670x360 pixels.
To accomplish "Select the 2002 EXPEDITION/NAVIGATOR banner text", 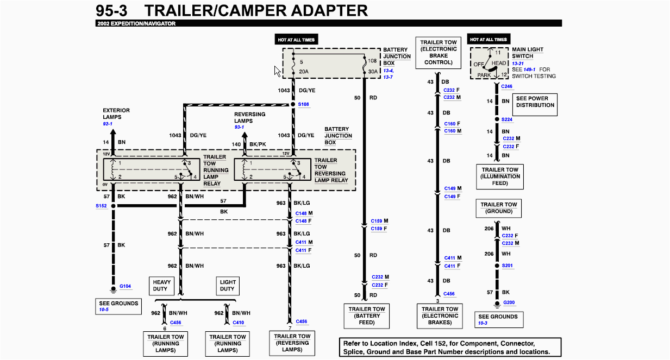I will click(x=136, y=23).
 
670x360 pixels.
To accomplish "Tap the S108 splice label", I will click(x=303, y=104).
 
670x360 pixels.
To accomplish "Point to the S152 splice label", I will click(x=101, y=206).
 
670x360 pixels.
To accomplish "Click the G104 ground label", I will click(x=126, y=286).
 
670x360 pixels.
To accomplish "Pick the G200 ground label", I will click(x=509, y=302).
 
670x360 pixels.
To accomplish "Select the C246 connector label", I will click(x=506, y=86).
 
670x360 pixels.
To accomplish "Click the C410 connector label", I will click(x=238, y=323).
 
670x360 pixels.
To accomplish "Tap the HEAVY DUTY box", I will click(x=161, y=286).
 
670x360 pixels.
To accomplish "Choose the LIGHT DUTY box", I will click(x=228, y=286).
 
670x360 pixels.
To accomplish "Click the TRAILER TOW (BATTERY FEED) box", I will click(x=367, y=316).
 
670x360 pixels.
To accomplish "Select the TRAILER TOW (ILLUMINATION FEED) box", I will click(x=499, y=176).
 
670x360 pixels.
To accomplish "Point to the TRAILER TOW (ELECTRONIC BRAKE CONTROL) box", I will click(x=438, y=53).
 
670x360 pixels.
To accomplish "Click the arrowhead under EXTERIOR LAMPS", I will click(x=113, y=131).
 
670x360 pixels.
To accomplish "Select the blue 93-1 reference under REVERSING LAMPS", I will click(x=240, y=127).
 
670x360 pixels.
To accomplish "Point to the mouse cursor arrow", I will click(x=277, y=71).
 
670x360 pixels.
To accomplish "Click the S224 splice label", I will click(x=507, y=119).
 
